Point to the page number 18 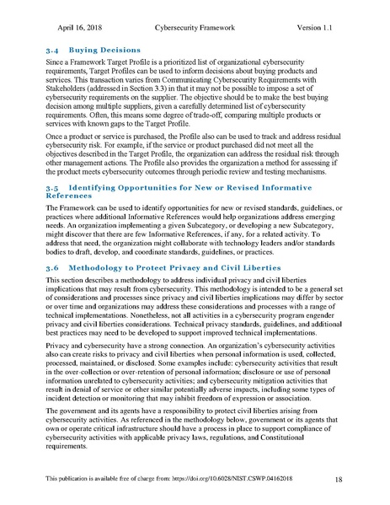[x=338, y=480]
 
